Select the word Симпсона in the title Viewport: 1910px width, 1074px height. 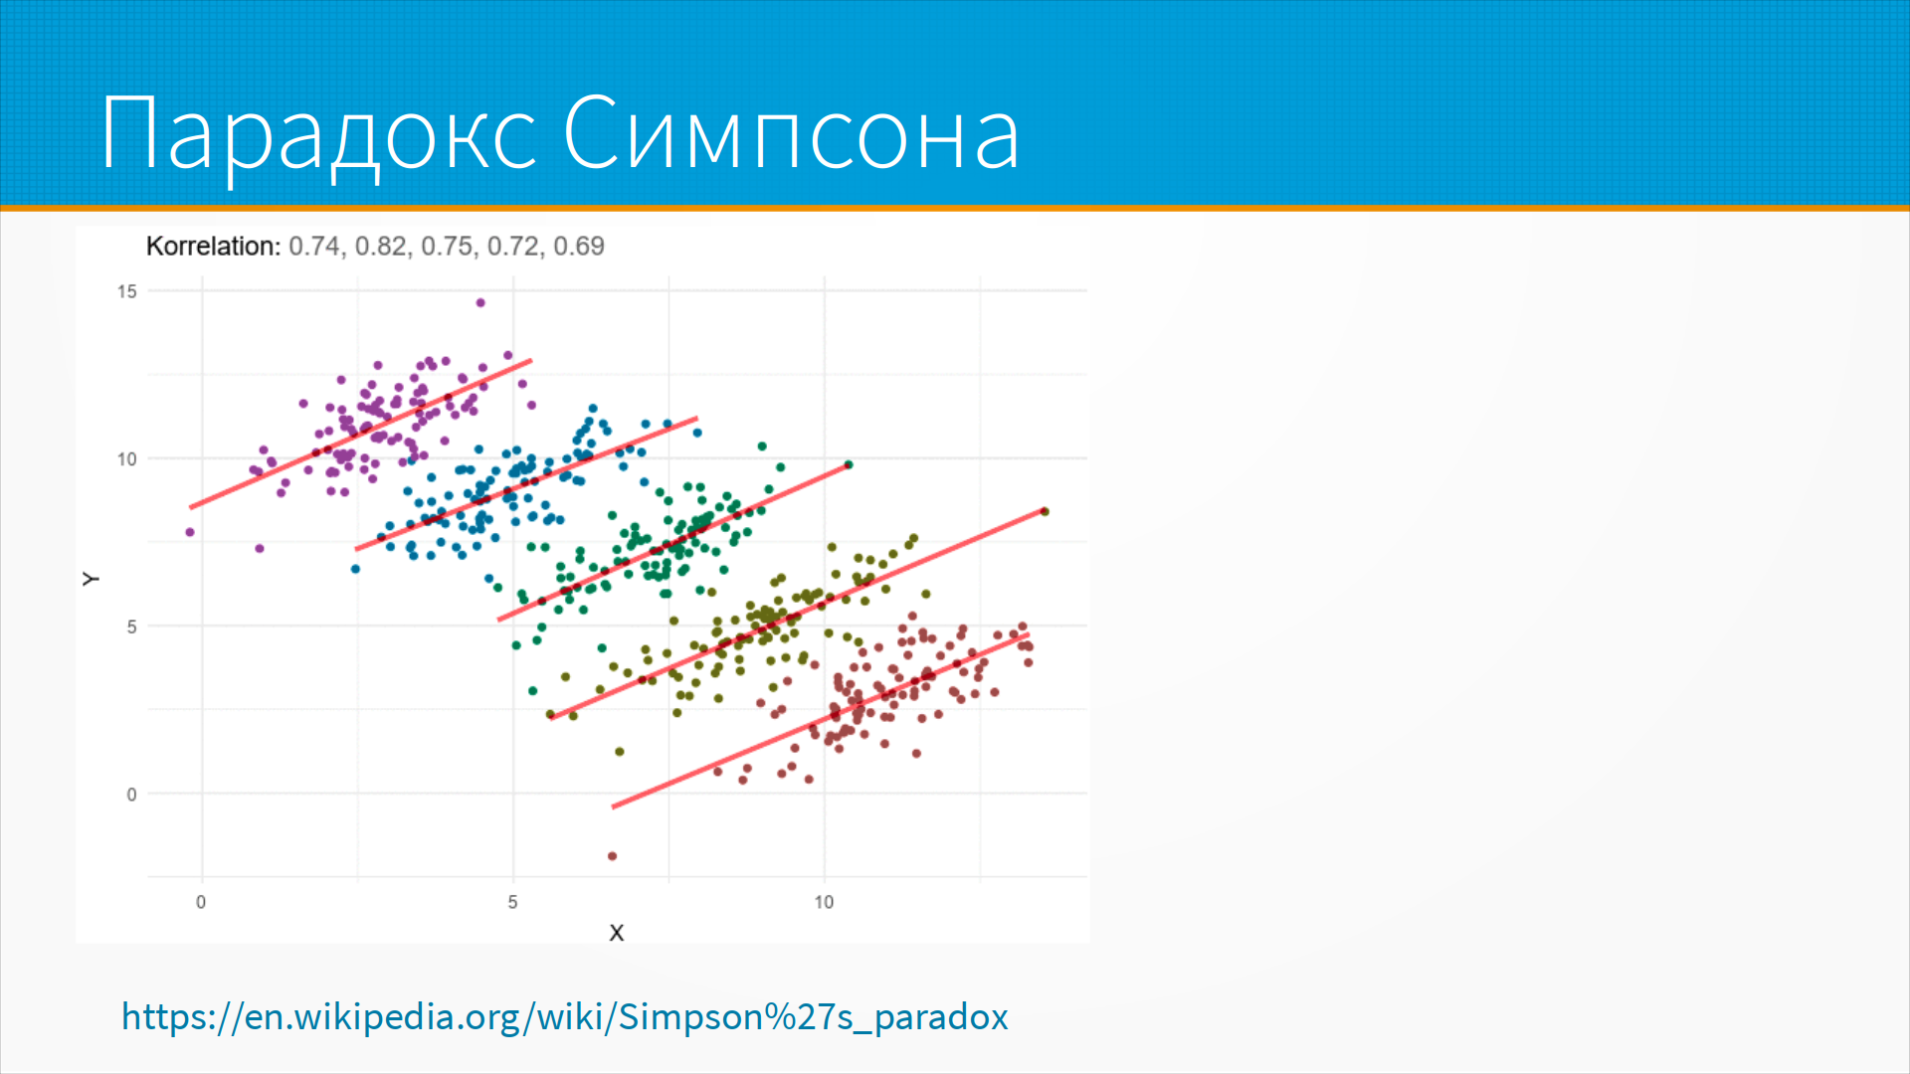coord(791,132)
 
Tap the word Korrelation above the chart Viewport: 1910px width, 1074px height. coord(214,246)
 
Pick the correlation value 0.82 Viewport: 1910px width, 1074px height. coord(381,247)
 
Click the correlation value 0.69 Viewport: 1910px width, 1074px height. coord(579,246)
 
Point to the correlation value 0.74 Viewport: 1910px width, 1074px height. coord(315,247)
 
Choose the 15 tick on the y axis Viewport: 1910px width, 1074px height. coord(127,291)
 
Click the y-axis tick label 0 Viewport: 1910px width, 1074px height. coord(131,795)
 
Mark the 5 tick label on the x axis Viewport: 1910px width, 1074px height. coord(513,902)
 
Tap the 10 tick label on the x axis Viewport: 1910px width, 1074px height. coord(824,902)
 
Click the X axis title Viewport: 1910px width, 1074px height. coord(617,933)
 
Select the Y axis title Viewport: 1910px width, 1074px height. coord(91,579)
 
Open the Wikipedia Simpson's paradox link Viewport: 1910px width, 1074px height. coord(565,1016)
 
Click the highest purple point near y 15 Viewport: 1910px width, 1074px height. coord(480,302)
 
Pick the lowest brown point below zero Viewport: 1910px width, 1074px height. coord(613,856)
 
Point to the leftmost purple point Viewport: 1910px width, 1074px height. coord(190,532)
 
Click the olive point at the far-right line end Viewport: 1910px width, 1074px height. coord(1045,511)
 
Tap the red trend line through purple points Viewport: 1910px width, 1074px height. coord(361,434)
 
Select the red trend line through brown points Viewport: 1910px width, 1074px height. coord(821,720)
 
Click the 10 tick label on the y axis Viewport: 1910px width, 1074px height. coord(127,459)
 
